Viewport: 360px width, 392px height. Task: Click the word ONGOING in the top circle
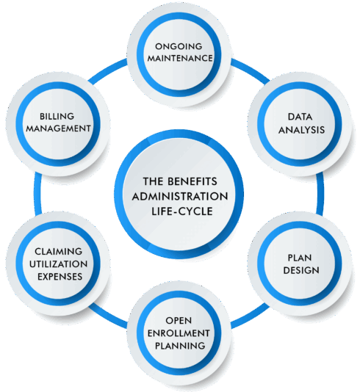pos(180,44)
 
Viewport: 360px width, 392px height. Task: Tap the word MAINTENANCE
pos(180,57)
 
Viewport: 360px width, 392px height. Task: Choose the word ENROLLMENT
pos(179,333)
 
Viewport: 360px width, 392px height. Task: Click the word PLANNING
pos(179,346)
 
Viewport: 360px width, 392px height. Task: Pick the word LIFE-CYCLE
pos(180,212)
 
